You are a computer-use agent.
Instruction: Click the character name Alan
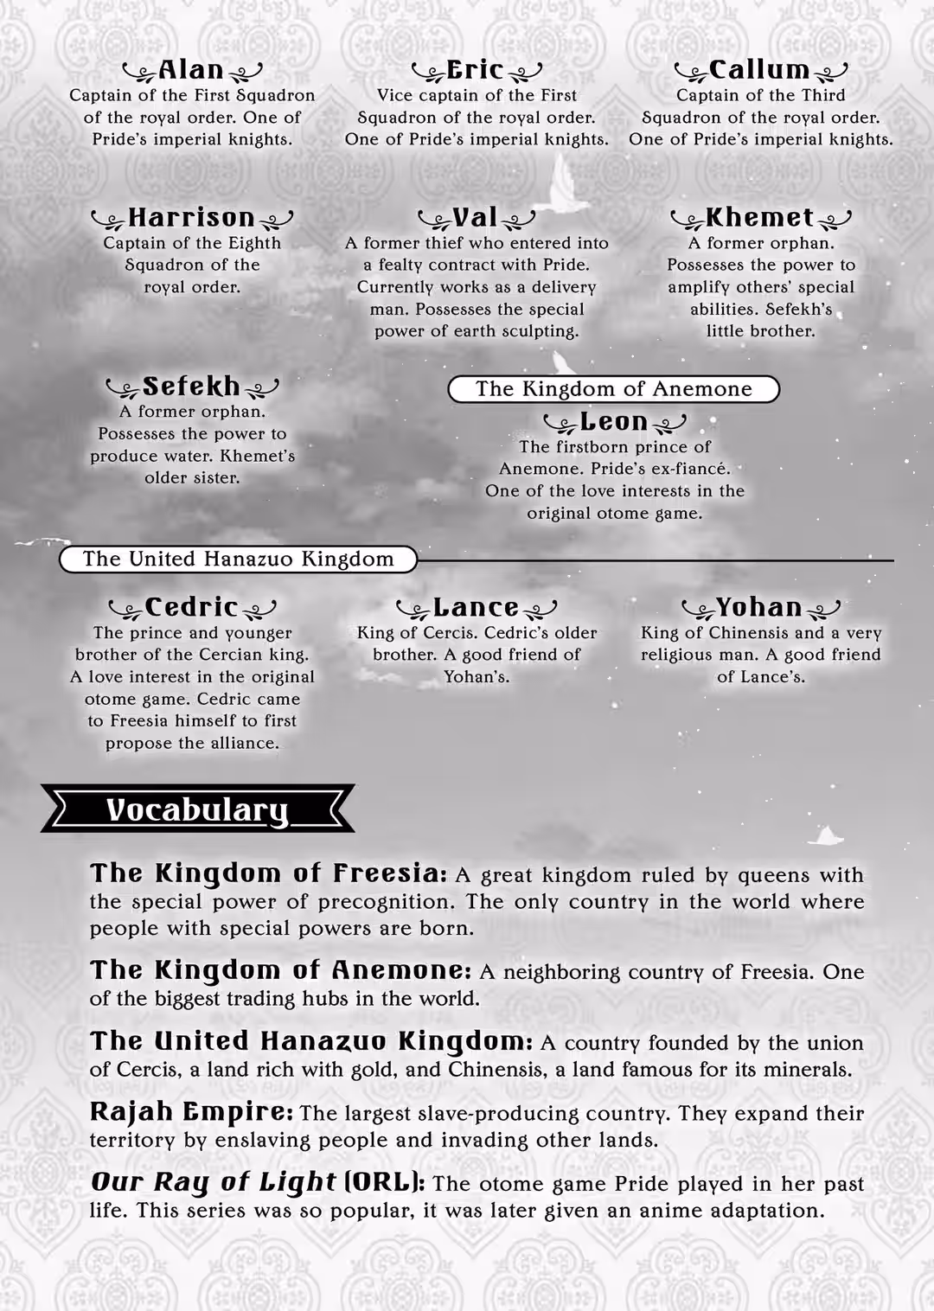pos(191,70)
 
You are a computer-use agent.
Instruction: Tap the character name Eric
pos(475,70)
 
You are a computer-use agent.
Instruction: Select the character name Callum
pos(759,70)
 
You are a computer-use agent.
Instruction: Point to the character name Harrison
pos(191,217)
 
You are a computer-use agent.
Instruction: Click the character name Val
pos(475,217)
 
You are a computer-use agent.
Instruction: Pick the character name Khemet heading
pos(759,217)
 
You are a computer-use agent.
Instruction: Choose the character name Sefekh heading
pos(191,386)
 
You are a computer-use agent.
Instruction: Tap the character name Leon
pos(613,421)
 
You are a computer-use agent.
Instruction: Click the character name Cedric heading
pos(191,607)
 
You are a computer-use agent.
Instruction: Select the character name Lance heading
pos(476,607)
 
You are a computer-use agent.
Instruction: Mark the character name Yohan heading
pos(758,607)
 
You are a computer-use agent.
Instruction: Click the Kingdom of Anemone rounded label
pos(613,389)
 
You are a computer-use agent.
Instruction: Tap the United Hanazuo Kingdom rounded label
pos(238,560)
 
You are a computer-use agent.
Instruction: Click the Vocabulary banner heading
pos(197,809)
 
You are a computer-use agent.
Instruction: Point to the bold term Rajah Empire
pos(191,1112)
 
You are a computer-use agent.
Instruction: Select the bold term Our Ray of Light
pos(213,1182)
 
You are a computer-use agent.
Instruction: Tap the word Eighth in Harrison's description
pos(253,243)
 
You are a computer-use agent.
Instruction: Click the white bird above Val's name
pos(560,183)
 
